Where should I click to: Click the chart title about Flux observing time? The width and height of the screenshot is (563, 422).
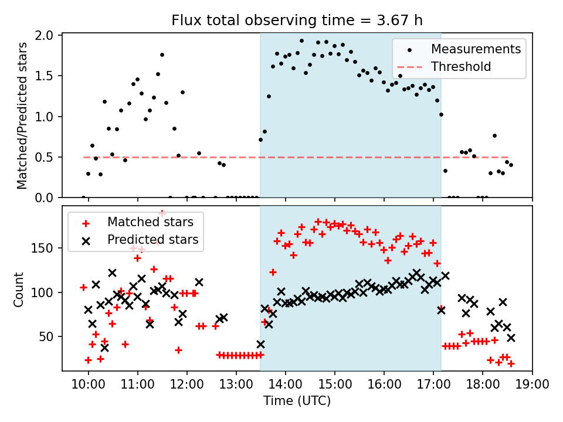pos(297,21)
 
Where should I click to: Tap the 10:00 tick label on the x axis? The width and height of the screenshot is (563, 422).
pos(88,386)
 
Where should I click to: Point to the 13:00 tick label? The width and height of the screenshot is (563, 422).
pos(236,386)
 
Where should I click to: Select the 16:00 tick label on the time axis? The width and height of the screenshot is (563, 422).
pos(384,386)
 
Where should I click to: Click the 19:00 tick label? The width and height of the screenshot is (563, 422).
pos(532,386)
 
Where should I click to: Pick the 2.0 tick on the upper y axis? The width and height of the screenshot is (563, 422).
pos(45,36)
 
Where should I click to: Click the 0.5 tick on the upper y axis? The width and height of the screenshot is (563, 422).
pos(45,158)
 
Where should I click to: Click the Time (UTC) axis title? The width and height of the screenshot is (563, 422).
pos(297,401)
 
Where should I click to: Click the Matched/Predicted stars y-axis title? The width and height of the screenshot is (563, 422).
pos(22,115)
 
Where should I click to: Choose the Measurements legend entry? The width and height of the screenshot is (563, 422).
pos(476,49)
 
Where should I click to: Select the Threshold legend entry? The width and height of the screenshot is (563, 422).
pos(461,67)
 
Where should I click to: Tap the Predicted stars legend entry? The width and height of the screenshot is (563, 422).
pos(152,239)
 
